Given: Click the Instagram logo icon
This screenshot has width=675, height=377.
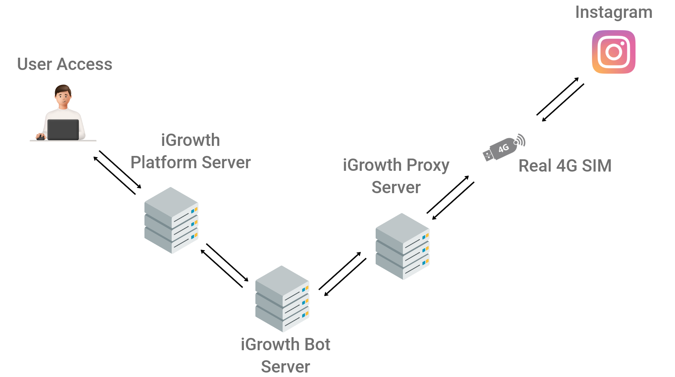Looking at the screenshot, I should coord(614,52).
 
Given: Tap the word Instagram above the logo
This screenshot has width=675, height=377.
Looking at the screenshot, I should coord(614,12).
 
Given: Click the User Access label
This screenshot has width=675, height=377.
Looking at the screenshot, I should coord(65,64).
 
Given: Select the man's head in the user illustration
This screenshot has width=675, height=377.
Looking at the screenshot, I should coord(63,95).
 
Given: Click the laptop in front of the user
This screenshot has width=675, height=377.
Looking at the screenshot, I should coord(63,129).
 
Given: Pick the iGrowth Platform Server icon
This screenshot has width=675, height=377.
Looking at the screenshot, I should coord(171,220).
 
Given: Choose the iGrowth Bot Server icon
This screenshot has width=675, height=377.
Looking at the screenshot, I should coord(282,298).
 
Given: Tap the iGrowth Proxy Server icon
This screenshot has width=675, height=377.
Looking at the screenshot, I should coord(402,246).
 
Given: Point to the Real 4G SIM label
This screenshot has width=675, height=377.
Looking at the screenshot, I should coord(565,166).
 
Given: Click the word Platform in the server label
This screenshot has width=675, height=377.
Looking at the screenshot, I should coord(164,163).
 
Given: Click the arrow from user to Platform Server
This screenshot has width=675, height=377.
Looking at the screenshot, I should coord(117,174).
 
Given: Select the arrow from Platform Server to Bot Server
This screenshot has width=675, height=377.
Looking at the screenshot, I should coord(225,266).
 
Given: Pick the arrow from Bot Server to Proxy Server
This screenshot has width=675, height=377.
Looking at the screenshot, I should coord(344,273).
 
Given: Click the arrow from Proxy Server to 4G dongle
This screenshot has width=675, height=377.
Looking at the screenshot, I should coord(452,198).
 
